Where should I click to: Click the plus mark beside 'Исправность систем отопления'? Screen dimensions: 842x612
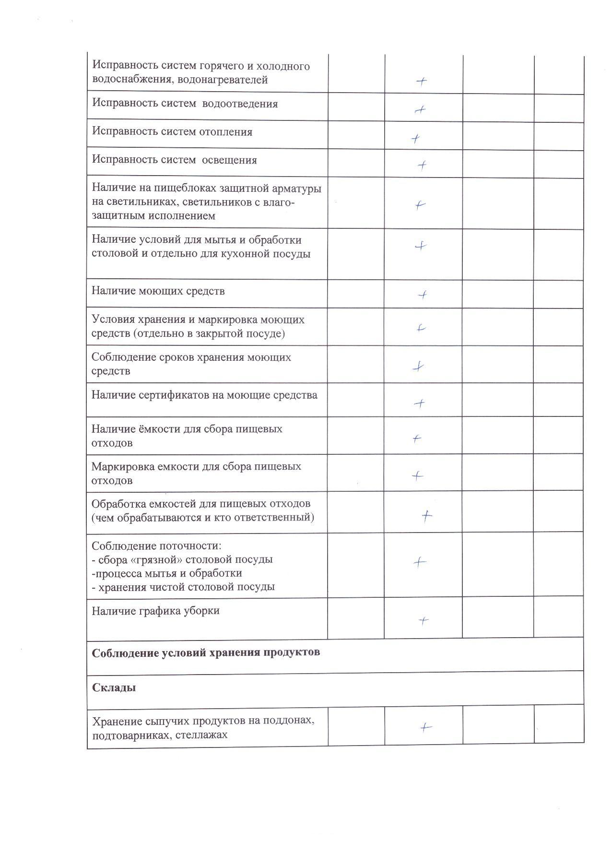click(416, 139)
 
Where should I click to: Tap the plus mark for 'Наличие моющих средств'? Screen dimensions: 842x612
click(423, 295)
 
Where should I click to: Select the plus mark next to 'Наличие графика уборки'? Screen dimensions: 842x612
click(423, 621)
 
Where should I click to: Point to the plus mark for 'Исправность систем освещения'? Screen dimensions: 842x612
click(422, 166)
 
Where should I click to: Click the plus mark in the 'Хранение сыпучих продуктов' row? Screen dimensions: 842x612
click(425, 728)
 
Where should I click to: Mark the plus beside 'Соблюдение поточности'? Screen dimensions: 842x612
click(420, 562)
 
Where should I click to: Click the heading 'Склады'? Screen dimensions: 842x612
click(114, 688)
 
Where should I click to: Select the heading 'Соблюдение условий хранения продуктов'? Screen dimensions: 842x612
click(206, 653)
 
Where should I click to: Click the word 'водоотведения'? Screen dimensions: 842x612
click(240, 104)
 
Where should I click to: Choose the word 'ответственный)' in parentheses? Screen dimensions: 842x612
click(277, 518)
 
